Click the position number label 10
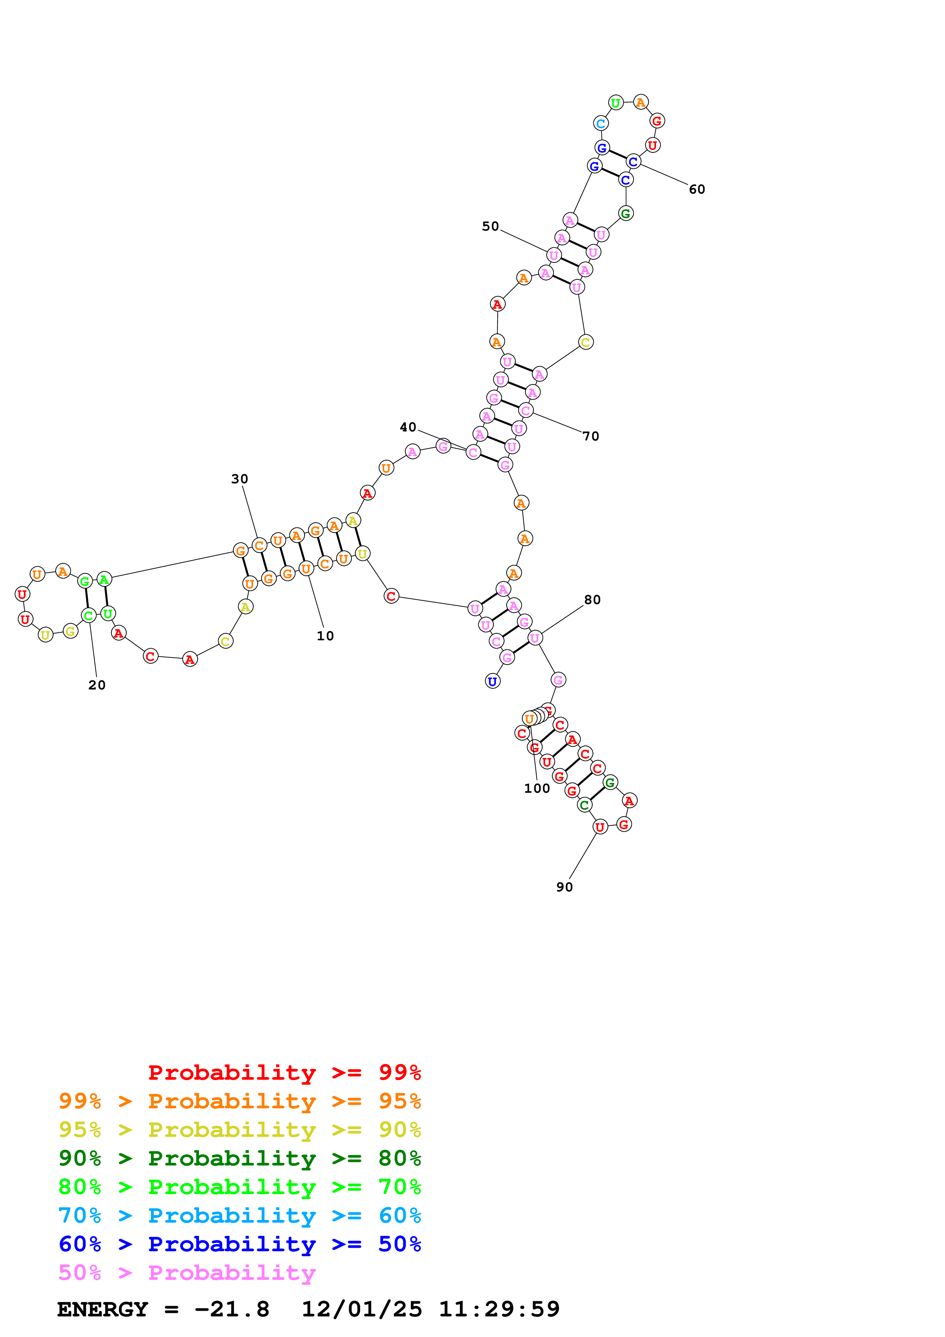pyautogui.click(x=325, y=636)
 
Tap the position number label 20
pyautogui.click(x=97, y=685)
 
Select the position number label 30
pyautogui.click(x=239, y=479)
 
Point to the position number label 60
pyautogui.click(x=696, y=189)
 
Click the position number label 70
pyautogui.click(x=590, y=436)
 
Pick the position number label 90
pyautogui.click(x=564, y=887)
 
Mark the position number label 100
pyautogui.click(x=536, y=789)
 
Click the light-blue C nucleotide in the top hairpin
pyautogui.click(x=601, y=123)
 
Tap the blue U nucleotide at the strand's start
pyautogui.click(x=493, y=681)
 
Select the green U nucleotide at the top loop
pyautogui.click(x=615, y=103)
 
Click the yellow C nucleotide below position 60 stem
pyautogui.click(x=586, y=342)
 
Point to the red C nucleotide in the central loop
pyautogui.click(x=391, y=596)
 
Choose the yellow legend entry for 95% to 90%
pyautogui.click(x=239, y=1130)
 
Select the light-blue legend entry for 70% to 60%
pyautogui.click(x=239, y=1215)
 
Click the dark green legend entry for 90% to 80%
pyautogui.click(x=239, y=1158)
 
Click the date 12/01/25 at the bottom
pyautogui.click(x=362, y=1309)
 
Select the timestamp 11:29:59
pyautogui.click(x=499, y=1309)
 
